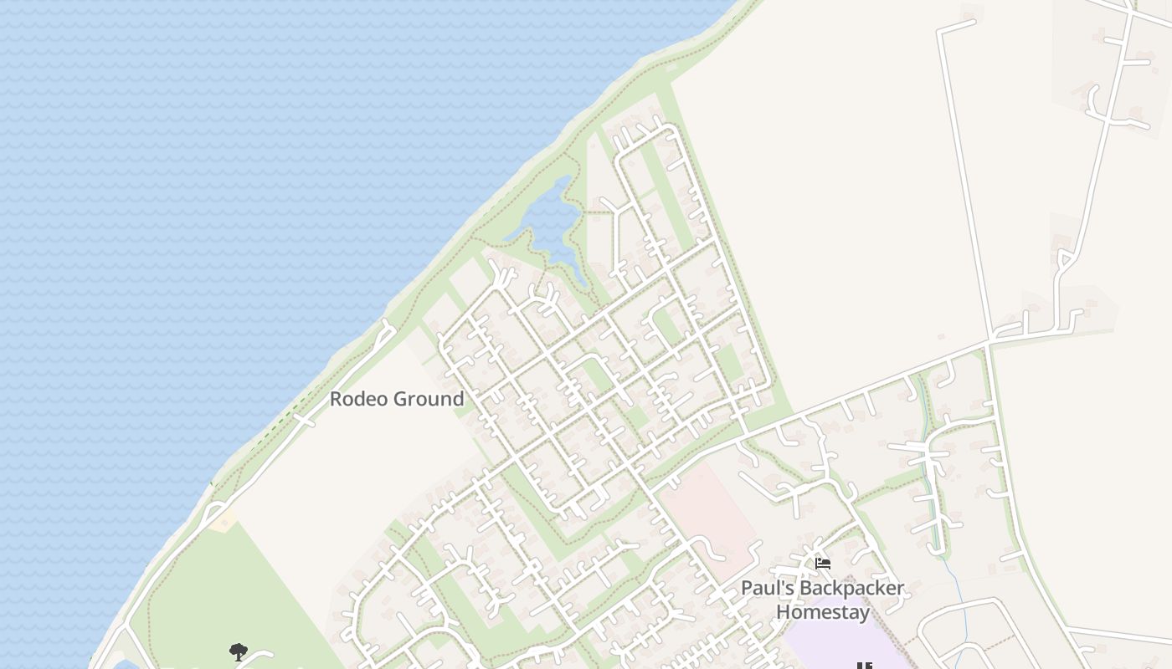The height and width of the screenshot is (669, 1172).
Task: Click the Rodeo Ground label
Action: (396, 399)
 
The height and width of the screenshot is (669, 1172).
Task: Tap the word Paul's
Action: (767, 588)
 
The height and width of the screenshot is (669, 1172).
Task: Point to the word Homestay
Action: (822, 611)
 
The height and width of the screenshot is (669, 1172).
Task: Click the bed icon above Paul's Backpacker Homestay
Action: (823, 564)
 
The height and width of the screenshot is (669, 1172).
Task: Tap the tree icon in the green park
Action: (239, 651)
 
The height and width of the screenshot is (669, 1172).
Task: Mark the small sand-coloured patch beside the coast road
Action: (224, 523)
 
